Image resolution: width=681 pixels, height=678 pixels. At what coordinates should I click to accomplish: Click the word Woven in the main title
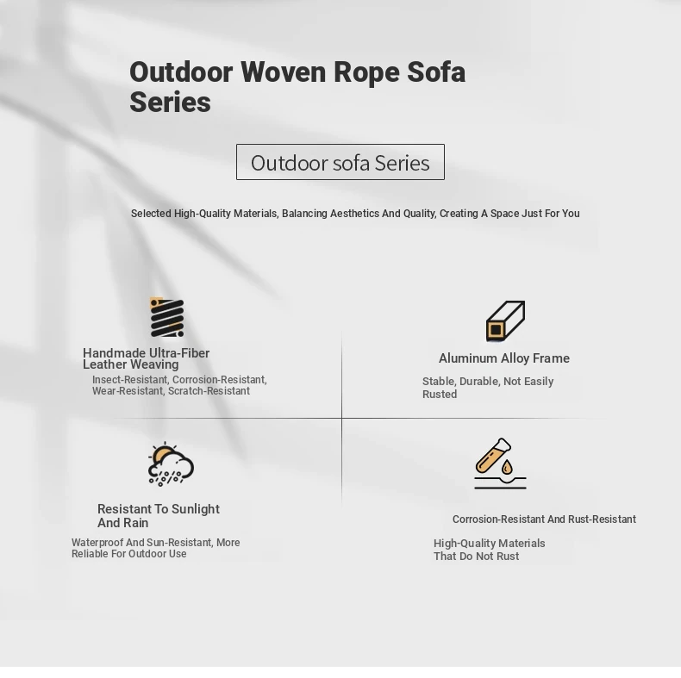(x=283, y=72)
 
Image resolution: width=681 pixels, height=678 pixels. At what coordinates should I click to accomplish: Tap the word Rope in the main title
(x=366, y=73)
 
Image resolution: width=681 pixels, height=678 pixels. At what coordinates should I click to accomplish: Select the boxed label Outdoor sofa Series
(x=340, y=162)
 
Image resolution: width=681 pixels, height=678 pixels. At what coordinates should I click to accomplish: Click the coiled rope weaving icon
(x=166, y=317)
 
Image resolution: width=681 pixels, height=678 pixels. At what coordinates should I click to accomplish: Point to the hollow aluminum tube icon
(x=505, y=320)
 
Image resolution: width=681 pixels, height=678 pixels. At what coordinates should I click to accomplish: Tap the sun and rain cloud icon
(x=171, y=464)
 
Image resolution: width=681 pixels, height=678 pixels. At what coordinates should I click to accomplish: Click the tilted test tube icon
(x=493, y=455)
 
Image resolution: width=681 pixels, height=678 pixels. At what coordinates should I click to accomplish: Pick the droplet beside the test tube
(x=507, y=468)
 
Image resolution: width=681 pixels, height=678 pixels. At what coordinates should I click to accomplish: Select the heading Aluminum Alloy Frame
(x=503, y=358)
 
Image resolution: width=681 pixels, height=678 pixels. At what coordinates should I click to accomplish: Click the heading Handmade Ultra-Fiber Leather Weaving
(x=147, y=358)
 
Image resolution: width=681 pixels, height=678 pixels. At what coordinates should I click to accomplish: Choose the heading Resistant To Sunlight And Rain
(x=159, y=516)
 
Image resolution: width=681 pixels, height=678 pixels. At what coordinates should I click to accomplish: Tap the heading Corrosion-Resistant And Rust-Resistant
(x=544, y=519)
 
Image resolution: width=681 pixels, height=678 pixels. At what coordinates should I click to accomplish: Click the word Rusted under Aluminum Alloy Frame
(x=440, y=394)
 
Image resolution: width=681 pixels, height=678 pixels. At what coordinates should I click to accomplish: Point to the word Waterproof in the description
(x=97, y=543)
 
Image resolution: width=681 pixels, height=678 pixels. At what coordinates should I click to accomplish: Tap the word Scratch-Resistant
(x=209, y=391)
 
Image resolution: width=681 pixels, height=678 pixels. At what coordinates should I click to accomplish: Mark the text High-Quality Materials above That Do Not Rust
(x=490, y=544)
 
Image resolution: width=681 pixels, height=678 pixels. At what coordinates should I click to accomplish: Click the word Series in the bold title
(x=171, y=103)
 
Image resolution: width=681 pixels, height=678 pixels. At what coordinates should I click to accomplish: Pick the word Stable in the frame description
(x=439, y=382)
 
